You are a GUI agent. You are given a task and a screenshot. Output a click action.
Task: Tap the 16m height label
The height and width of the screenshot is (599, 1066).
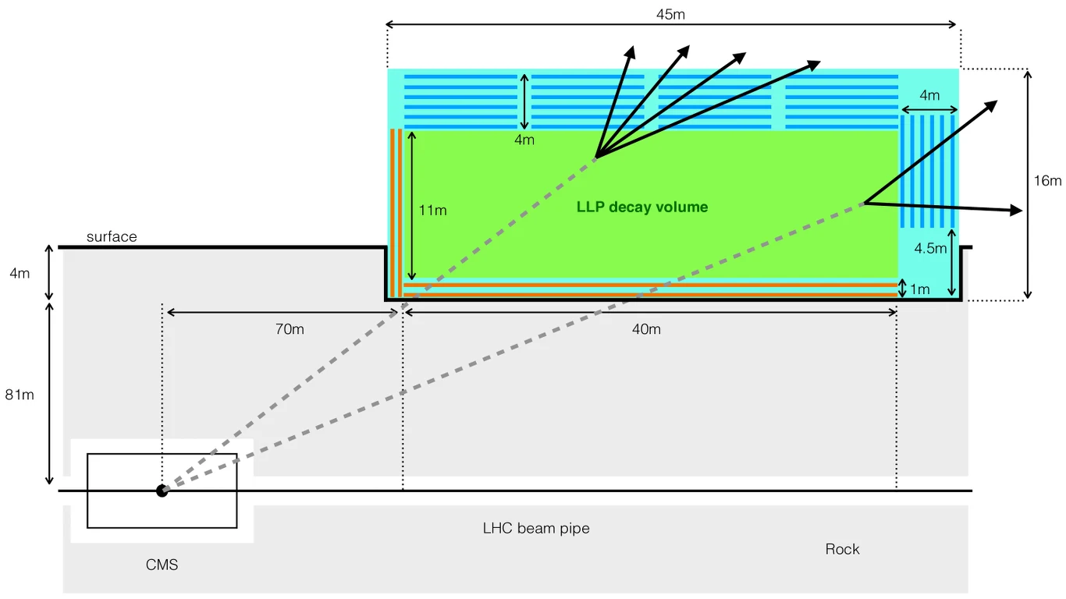[x=1047, y=181]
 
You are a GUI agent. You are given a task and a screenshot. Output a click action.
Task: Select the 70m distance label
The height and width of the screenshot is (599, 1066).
[x=290, y=329]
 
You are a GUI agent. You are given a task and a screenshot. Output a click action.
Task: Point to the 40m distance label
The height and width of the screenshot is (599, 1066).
[x=646, y=329]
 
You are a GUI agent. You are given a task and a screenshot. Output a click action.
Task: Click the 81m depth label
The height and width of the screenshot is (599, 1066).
[x=20, y=395]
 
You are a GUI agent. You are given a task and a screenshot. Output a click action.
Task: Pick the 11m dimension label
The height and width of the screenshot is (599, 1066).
[x=432, y=211]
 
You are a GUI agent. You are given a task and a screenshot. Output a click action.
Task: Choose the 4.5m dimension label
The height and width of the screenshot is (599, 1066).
[x=930, y=249]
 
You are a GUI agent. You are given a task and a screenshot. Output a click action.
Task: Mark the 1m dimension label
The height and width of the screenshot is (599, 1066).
[x=919, y=290]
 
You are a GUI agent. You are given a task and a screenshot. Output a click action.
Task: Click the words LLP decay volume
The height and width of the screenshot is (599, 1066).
[x=642, y=207]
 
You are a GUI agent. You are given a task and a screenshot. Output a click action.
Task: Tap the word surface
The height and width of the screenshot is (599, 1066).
[x=112, y=237]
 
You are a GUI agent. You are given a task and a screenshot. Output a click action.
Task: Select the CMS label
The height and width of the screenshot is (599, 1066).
[x=162, y=565]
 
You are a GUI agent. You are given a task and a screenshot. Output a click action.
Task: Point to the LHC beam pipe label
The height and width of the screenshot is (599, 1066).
[x=536, y=529]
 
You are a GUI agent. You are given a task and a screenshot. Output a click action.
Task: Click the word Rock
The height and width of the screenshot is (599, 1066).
[x=842, y=549]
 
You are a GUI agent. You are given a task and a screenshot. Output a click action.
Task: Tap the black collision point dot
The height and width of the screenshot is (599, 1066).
[x=162, y=491]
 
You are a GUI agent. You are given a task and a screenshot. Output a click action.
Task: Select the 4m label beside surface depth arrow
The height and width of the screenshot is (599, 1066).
[x=20, y=274]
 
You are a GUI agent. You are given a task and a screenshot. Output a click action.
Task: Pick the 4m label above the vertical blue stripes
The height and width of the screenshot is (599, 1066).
[x=929, y=96]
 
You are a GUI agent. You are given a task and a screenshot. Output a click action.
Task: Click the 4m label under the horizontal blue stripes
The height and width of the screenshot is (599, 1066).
[x=524, y=140]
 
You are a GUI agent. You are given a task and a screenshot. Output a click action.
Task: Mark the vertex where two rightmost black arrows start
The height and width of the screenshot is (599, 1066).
[x=865, y=204]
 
